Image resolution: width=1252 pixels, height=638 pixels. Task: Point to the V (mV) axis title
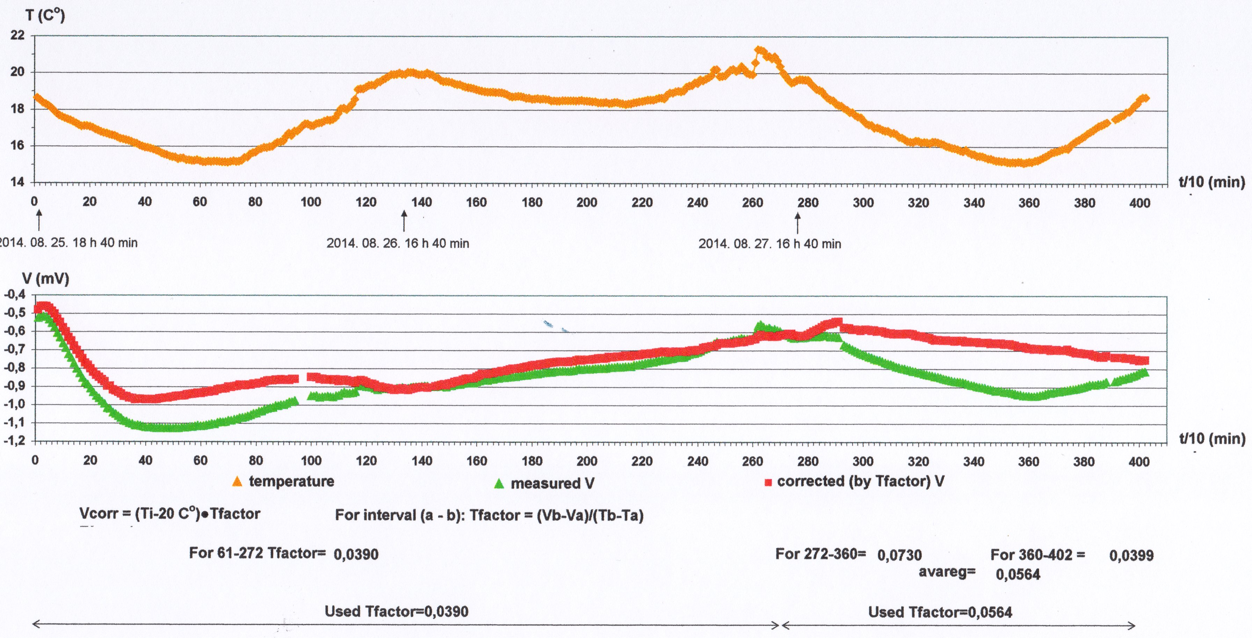pyautogui.click(x=46, y=279)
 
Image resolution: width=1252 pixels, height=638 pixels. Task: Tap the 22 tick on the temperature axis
pyautogui.click(x=17, y=35)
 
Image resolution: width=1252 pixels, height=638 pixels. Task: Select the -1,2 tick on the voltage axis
pyautogui.click(x=15, y=440)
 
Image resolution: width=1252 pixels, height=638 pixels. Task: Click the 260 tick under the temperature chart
pyautogui.click(x=752, y=203)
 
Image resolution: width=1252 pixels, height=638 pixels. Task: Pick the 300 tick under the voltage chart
pyautogui.click(x=863, y=461)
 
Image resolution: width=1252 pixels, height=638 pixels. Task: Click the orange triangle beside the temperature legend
pyautogui.click(x=237, y=482)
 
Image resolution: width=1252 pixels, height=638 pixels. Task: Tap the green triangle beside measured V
pyautogui.click(x=499, y=484)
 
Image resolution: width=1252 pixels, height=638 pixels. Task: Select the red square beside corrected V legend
pyautogui.click(x=768, y=483)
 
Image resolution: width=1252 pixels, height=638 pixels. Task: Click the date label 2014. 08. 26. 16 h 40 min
pyautogui.click(x=398, y=243)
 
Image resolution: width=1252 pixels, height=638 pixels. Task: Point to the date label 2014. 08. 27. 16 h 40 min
pyautogui.click(x=770, y=244)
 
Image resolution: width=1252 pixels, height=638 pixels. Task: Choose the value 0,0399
pyautogui.click(x=1131, y=556)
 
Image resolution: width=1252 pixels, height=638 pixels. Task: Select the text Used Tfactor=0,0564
pyautogui.click(x=940, y=612)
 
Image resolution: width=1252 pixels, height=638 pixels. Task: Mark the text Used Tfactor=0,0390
pyautogui.click(x=397, y=611)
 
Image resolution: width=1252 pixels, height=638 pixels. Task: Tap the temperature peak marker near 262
pyautogui.click(x=759, y=51)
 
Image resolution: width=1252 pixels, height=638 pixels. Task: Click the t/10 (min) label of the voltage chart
pyautogui.click(x=1212, y=439)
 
